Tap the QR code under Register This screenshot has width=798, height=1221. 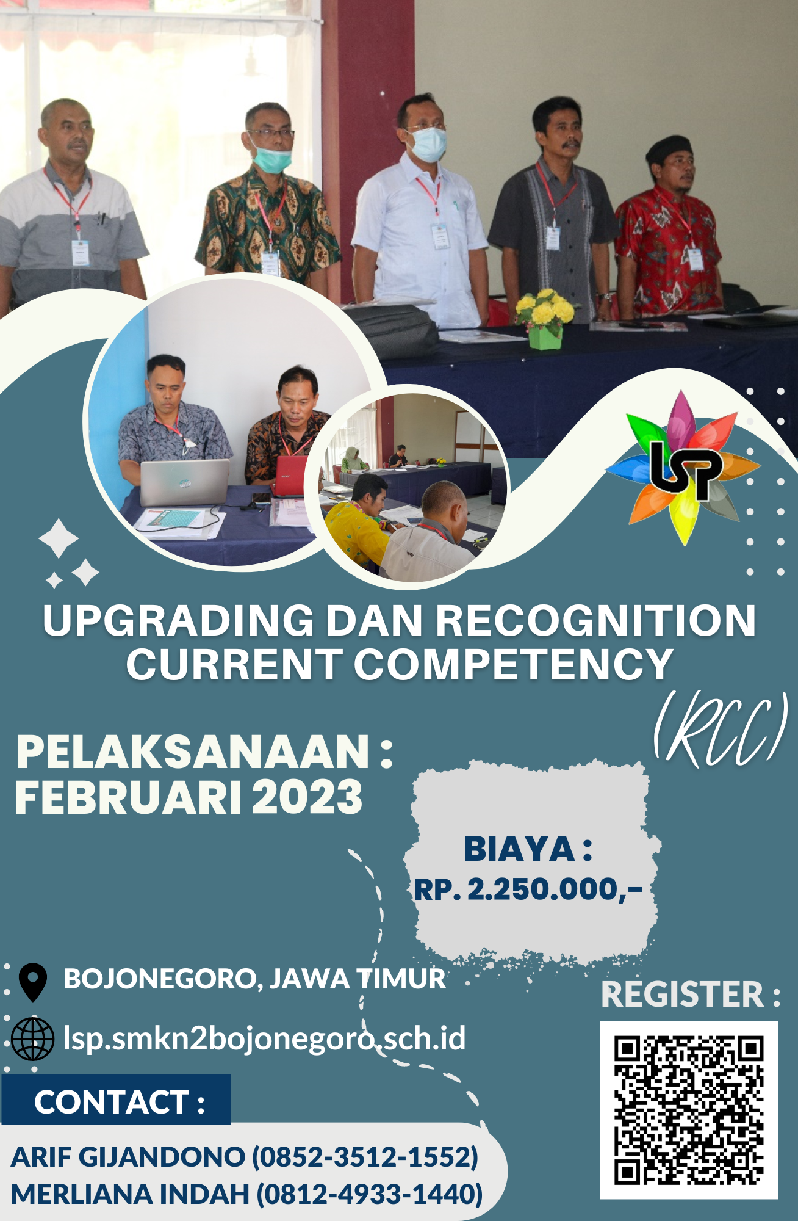(688, 1110)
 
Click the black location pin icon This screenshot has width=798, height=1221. (33, 980)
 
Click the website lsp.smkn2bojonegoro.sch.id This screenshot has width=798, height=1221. (264, 1038)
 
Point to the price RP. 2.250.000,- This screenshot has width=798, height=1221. (528, 889)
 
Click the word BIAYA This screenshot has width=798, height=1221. (519, 849)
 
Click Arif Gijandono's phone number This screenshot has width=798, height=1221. (365, 1157)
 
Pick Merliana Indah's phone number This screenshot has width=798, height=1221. (369, 1194)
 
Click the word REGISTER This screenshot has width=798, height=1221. (682, 995)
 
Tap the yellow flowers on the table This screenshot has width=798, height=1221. (545, 308)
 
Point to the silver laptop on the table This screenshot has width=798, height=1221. (184, 482)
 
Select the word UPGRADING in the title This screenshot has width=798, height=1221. (178, 621)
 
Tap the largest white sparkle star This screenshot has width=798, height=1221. (59, 538)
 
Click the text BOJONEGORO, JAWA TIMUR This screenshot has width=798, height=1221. (254, 979)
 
